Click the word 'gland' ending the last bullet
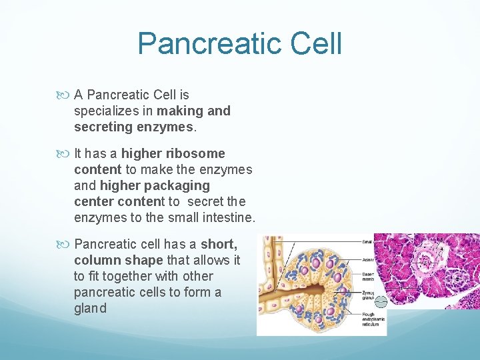[x=90, y=308]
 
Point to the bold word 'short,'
[x=219, y=244]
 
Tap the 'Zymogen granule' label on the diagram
[x=369, y=295]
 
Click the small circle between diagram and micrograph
[x=380, y=301]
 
